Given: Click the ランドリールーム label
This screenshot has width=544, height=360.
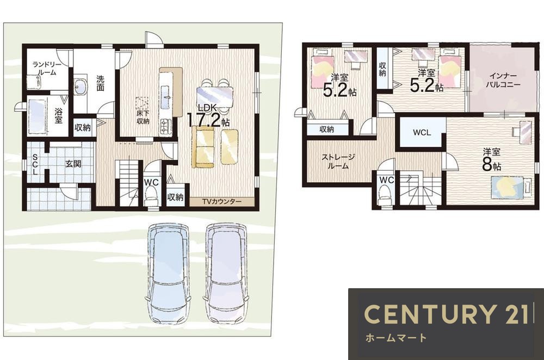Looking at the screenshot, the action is coord(47,69).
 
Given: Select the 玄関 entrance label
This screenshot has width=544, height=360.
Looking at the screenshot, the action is coord(73,163).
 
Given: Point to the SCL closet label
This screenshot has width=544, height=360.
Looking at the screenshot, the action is coord(35,164).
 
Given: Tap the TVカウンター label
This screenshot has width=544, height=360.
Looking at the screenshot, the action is coord(222,201).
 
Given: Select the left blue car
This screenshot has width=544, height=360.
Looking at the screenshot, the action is coord(168,274).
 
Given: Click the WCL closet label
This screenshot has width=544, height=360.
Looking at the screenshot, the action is coord(422,132).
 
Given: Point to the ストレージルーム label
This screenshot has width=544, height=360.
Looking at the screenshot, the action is coord(338,162).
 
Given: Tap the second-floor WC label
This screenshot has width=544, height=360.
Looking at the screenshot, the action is coord(386,180).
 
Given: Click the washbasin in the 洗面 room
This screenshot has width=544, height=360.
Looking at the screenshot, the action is coord(82,86).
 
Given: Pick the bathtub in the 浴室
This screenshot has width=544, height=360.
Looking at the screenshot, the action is coord(37,116).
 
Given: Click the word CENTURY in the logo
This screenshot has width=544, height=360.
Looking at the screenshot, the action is coord(429,314).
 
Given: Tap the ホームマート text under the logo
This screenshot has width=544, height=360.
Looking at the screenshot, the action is coord(395,338).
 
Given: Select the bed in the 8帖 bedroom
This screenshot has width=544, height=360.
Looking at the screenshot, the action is coord(511,187).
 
